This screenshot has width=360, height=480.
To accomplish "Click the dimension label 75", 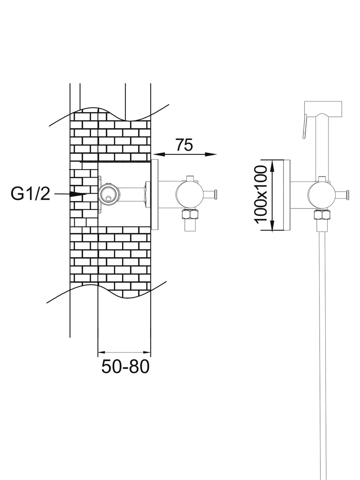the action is point(184,145).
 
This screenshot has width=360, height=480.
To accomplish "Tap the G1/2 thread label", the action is point(30,194).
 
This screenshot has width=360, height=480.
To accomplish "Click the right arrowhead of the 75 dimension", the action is point(211,154).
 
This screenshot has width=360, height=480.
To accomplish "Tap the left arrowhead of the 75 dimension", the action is point(158,154).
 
